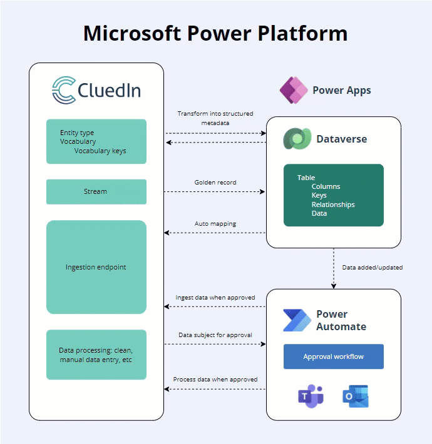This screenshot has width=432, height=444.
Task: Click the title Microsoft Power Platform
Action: coord(215,33)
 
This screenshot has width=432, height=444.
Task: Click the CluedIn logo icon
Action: coord(63,90)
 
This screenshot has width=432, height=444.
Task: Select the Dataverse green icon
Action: coord(296,139)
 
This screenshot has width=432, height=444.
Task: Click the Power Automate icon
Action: coord(296,320)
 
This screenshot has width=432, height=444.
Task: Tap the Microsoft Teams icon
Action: coord(311,396)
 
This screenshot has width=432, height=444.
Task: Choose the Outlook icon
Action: coord(356,396)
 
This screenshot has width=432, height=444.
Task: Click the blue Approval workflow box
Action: coord(333,356)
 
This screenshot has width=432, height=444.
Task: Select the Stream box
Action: coord(96,191)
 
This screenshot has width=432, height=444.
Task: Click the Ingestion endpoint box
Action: coord(96,267)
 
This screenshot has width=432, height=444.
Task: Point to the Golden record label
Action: coord(215,183)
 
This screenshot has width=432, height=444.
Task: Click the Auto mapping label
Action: coord(215,223)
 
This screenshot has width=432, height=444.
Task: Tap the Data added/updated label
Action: coord(372,267)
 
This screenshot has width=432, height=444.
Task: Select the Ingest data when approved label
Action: coord(215,298)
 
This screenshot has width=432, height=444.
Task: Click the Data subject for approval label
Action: coord(215,335)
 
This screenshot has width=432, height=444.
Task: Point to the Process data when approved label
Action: coord(215,379)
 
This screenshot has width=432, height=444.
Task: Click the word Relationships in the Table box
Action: coord(333,204)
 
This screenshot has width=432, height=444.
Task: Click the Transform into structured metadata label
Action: coord(215,118)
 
